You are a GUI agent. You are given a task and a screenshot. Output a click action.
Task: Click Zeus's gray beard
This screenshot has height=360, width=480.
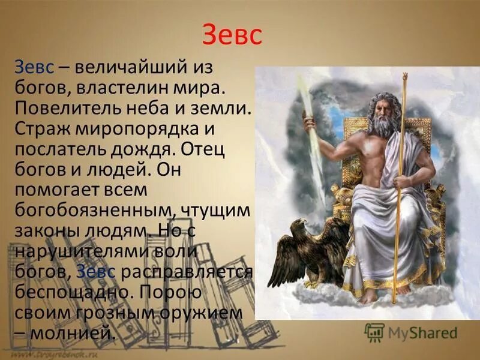[x=380, y=125]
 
